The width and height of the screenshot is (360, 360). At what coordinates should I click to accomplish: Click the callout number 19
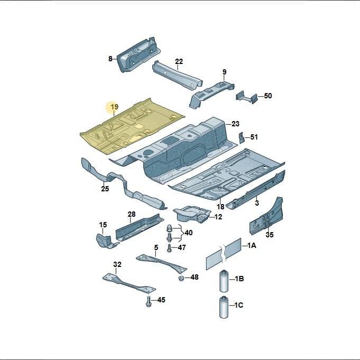click(115, 107)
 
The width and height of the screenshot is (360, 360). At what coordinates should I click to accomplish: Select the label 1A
click(252, 246)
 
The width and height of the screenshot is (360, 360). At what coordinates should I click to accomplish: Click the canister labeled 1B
click(224, 281)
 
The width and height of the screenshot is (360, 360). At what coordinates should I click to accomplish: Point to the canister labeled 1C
click(224, 308)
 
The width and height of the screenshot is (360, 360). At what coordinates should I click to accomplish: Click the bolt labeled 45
click(149, 301)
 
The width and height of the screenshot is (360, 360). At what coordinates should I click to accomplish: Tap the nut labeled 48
click(181, 278)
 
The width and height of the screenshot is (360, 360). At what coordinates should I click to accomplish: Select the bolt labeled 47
click(170, 248)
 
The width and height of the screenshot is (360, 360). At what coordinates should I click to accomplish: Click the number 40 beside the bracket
click(189, 233)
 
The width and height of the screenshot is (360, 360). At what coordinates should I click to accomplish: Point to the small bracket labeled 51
click(241, 138)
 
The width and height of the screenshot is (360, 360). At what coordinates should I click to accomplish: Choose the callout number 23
click(235, 124)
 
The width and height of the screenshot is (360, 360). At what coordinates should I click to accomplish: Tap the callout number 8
click(110, 59)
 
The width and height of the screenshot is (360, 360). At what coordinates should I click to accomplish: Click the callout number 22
click(179, 61)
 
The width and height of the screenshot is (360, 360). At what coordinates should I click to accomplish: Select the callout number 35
click(270, 235)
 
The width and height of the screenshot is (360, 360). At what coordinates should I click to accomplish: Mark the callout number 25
click(105, 189)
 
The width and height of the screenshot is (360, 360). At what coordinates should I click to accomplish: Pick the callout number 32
click(117, 264)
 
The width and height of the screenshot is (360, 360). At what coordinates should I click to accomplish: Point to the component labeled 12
click(192, 214)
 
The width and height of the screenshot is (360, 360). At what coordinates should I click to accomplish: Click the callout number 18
click(220, 207)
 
